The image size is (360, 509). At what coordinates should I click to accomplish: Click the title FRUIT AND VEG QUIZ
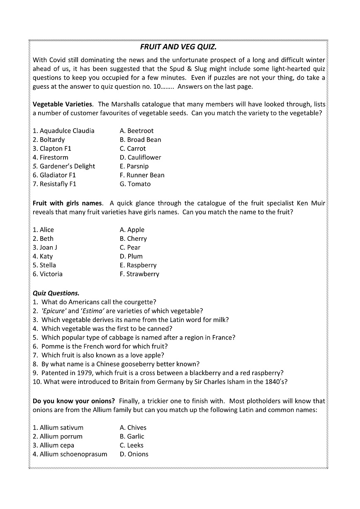point(178,47)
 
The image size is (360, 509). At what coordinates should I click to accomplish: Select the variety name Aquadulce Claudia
point(67,131)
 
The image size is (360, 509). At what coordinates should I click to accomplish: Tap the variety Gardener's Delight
point(67,167)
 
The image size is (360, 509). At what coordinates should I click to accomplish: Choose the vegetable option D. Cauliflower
point(140,158)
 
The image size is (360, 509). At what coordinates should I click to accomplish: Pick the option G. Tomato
point(135,184)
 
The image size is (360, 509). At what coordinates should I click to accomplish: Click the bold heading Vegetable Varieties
point(63,104)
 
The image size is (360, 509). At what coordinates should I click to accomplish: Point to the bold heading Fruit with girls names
point(67,203)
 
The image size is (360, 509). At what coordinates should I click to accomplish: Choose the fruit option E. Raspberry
point(138,265)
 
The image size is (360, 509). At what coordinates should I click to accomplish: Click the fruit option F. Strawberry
point(139,274)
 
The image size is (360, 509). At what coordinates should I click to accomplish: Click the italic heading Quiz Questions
point(56,293)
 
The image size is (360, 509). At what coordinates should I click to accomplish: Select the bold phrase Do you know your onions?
point(73,401)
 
